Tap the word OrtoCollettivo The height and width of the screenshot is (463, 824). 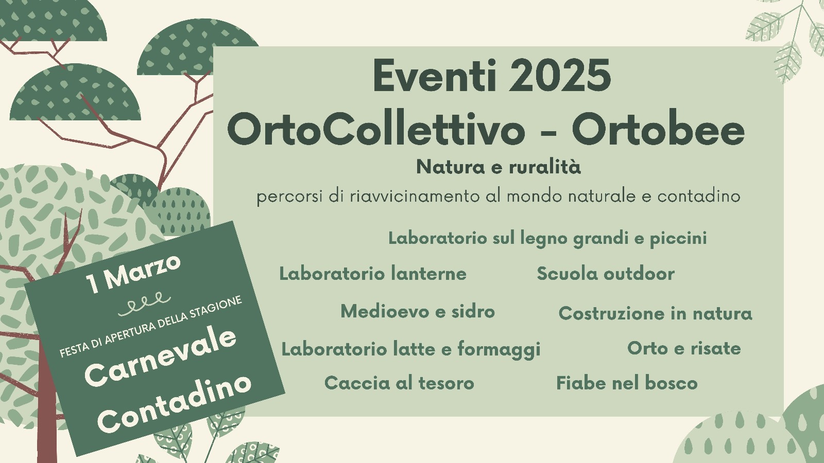(x=376, y=131)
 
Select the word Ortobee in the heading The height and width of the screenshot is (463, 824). (x=658, y=131)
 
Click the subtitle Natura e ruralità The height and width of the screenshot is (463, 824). (x=499, y=167)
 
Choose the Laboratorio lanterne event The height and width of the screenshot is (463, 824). (x=373, y=274)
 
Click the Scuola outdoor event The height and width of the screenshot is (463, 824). (x=606, y=274)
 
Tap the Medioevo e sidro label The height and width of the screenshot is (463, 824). (x=418, y=312)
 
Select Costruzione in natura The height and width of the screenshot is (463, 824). (x=655, y=313)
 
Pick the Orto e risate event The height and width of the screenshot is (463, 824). (x=684, y=348)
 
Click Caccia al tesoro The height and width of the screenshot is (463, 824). (x=399, y=383)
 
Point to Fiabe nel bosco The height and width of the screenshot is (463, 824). (x=627, y=383)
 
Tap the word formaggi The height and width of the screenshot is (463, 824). (x=499, y=350)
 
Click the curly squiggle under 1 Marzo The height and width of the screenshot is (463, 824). (x=145, y=304)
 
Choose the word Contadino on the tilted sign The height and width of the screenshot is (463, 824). (x=175, y=403)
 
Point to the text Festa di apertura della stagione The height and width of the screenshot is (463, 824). (x=151, y=326)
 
